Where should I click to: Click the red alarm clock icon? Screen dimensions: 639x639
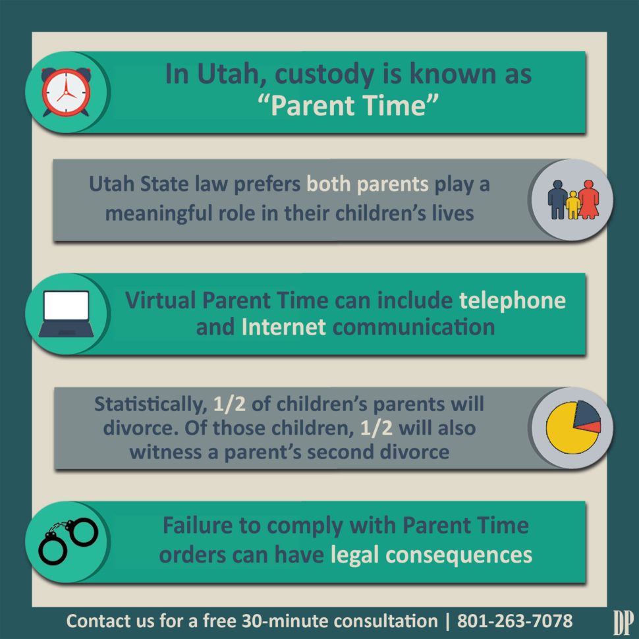67,92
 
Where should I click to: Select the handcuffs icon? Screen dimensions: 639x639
67,541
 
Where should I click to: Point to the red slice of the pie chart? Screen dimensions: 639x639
592,428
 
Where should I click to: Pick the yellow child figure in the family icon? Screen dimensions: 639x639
572,205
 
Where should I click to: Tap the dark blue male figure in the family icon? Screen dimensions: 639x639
558,199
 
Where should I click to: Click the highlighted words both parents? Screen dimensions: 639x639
368,184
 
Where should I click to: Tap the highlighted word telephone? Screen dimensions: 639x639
512,300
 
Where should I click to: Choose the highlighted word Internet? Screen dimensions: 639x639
283,327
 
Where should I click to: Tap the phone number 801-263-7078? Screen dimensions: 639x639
514,621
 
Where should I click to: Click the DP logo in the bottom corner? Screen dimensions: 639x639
623,621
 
